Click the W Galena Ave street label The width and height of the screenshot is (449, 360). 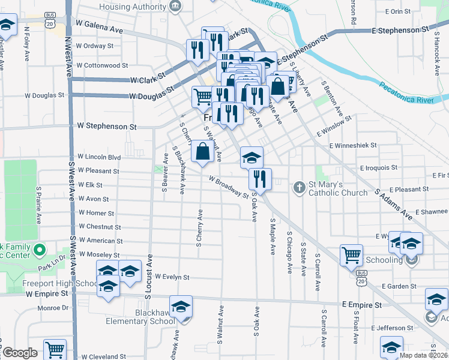tap(99, 30)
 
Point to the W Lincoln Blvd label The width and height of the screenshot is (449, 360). tap(99, 157)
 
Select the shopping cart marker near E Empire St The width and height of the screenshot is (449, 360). tap(351, 255)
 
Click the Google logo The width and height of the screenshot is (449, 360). tap(20, 353)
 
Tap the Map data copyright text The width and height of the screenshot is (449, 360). tap(423, 355)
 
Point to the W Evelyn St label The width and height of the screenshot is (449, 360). tap(172, 277)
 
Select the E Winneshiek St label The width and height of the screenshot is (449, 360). tap(352, 145)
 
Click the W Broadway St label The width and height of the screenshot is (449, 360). tap(229, 187)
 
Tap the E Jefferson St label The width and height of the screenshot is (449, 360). tap(396, 328)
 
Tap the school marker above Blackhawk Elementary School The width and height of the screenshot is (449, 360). tap(180, 307)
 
